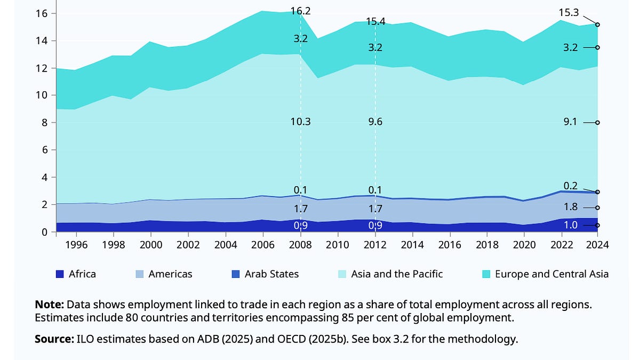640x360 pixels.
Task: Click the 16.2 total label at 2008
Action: (301, 10)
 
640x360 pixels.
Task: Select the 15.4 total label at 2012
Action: (375, 22)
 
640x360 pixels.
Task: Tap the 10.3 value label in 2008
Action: (301, 122)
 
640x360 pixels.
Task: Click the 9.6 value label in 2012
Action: (375, 122)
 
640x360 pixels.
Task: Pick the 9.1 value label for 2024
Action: (570, 122)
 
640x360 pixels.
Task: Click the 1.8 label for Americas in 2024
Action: (570, 207)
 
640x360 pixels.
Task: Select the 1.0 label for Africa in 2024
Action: (570, 225)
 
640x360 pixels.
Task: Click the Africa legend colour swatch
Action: (60, 274)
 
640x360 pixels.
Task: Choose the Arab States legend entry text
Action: (271, 274)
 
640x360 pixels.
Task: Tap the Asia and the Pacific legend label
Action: (397, 274)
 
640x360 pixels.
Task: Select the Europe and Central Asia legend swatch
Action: (486, 274)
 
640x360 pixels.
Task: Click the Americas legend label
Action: (170, 274)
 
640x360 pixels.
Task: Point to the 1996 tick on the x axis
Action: (76, 245)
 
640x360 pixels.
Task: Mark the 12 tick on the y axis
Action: (42, 68)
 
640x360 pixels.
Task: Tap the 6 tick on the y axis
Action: (45, 150)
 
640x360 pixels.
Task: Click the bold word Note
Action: (49, 305)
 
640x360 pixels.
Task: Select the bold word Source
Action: (53, 339)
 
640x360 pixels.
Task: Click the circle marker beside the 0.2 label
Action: (598, 192)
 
